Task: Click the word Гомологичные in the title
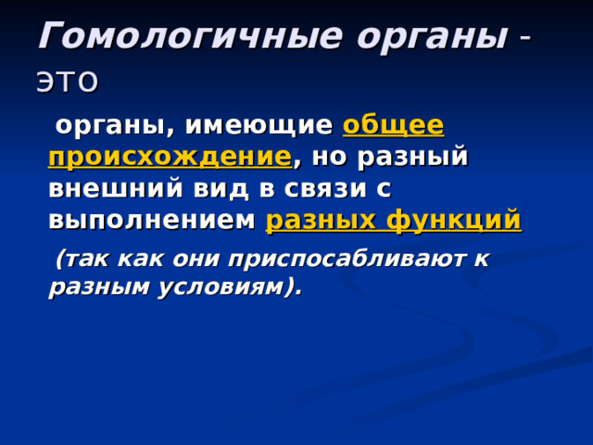(x=177, y=36)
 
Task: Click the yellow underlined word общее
(x=393, y=125)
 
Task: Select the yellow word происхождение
(x=170, y=157)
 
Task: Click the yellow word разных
(x=319, y=221)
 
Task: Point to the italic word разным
(x=95, y=287)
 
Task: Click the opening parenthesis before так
(x=60, y=260)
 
